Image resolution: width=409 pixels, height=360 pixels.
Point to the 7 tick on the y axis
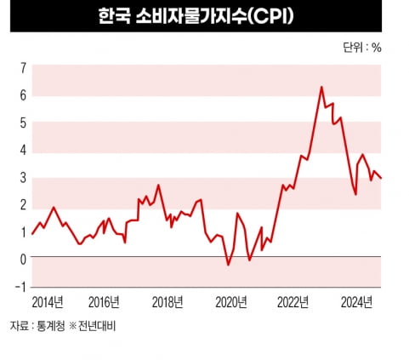point(23,67)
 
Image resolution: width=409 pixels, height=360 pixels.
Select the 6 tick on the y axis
point(23,94)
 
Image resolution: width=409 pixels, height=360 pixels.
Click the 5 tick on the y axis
point(23,122)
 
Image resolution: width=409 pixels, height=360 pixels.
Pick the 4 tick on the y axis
point(23,150)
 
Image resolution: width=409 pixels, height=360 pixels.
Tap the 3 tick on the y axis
point(23,177)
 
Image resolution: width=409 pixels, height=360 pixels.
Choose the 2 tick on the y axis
point(23,204)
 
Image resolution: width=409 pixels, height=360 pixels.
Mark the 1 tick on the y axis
point(23,231)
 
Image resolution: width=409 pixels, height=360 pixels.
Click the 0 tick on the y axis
point(23,259)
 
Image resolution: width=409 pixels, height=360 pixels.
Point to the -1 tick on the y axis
point(21,287)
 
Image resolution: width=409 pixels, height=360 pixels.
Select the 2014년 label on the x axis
point(49,302)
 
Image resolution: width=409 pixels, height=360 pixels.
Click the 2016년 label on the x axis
point(104,302)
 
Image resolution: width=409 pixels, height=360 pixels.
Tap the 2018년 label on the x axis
point(168,302)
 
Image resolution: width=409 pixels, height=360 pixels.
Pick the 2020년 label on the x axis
point(231,302)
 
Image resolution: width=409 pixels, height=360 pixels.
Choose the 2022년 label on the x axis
point(294,302)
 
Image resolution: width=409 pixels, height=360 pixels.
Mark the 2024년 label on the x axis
point(355,302)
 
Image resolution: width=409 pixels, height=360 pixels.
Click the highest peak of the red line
point(321,87)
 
